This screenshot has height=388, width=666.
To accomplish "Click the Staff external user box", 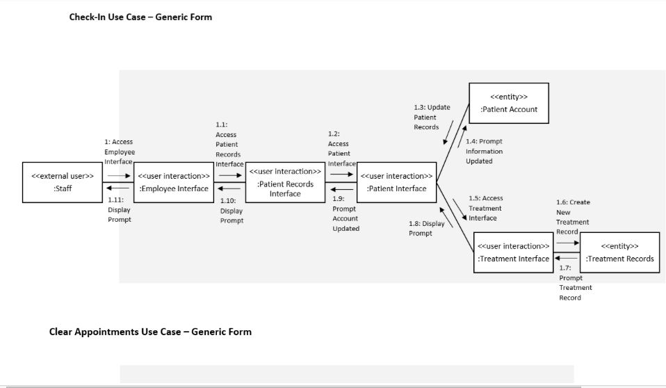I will pos(63,182).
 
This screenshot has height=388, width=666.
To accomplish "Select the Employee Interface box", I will pos(174,182).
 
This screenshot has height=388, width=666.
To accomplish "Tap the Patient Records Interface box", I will pos(285,182).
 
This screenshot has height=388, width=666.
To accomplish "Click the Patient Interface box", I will pos(396,182).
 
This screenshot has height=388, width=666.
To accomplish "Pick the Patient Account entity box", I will pos(508,103).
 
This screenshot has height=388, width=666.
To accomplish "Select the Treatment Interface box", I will pos(513,252).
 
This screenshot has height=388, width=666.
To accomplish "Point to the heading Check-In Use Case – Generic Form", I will pos(140,17).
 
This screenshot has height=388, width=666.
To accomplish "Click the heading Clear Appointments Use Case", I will pos(150,332).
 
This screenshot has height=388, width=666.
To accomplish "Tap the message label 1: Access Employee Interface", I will pos(120,152).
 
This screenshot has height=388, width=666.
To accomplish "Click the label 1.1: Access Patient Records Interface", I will pos(229,145).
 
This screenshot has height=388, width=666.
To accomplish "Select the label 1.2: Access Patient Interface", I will pos(341,148).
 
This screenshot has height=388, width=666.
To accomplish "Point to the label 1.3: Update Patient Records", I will pos(431,117).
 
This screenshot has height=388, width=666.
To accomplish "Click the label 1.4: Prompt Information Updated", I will pos(484,151).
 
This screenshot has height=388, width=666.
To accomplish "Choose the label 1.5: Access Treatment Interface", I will pos(485,208).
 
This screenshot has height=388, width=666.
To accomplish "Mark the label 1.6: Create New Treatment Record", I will pos(572,217).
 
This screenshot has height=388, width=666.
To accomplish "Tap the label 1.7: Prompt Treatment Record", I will pos(575,282).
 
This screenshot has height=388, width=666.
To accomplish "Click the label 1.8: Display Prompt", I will pos(426,228).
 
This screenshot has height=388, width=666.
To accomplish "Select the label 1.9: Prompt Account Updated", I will pos(346,213).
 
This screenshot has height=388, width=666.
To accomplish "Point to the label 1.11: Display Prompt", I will pos(119,209).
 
